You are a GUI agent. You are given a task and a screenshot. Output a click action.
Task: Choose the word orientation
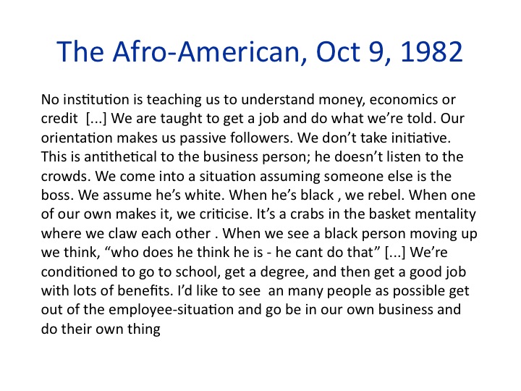(x=77, y=138)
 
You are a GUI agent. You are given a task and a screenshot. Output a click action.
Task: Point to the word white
(x=205, y=195)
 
